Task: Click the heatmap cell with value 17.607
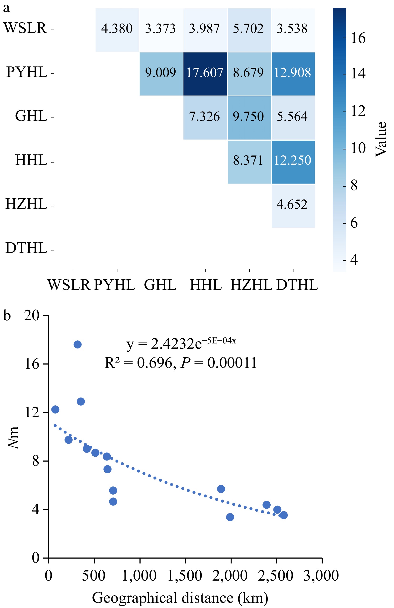tap(205, 74)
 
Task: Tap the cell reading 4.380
tap(117, 30)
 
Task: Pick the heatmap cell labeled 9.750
tap(249, 118)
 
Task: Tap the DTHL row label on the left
tap(26, 248)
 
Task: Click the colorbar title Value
tap(381, 139)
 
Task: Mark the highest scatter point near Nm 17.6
tap(77, 345)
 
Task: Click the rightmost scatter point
tap(283, 515)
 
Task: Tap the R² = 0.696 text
tap(140, 363)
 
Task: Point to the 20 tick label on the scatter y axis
tap(32, 316)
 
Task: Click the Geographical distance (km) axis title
tap(180, 598)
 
